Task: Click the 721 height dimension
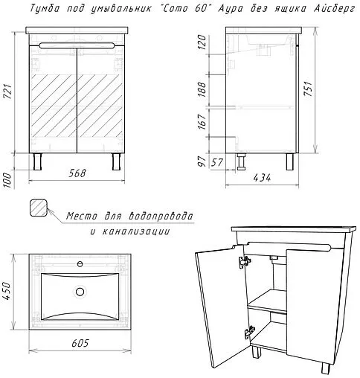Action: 8,92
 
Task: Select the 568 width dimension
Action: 77,173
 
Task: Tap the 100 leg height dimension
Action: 8,180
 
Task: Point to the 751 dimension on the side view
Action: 308,89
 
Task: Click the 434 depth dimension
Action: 262,178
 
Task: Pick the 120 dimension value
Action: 202,42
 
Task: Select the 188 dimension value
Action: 202,89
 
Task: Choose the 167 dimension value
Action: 202,121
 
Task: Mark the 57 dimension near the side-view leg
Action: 217,163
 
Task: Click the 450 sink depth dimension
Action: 8,291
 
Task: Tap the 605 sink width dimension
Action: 80,343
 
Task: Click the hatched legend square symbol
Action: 39,208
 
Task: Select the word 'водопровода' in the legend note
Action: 161,217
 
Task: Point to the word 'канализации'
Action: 136,231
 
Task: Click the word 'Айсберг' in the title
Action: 335,9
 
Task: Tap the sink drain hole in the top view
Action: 80,292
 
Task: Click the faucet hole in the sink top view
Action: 80,264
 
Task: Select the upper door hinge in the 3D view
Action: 245,262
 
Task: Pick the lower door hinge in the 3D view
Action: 250,332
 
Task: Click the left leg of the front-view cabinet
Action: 37,161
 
